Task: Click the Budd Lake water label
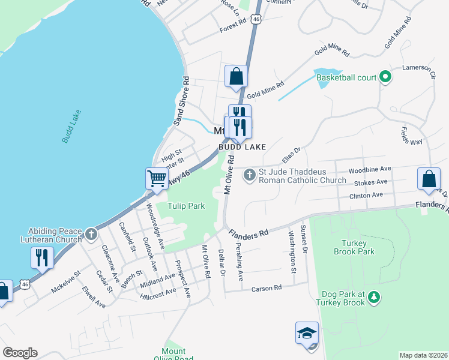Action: (x=71, y=126)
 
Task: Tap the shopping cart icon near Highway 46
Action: (x=157, y=178)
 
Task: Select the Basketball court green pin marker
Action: (x=386, y=77)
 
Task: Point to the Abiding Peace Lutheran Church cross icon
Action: (x=90, y=234)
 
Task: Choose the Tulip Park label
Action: (x=186, y=206)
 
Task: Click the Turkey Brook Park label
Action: (x=354, y=247)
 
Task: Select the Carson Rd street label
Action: (x=267, y=288)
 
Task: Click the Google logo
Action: (x=20, y=353)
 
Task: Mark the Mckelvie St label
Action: (x=65, y=281)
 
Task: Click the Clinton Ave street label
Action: (x=366, y=196)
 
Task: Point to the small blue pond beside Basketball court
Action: (x=322, y=79)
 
